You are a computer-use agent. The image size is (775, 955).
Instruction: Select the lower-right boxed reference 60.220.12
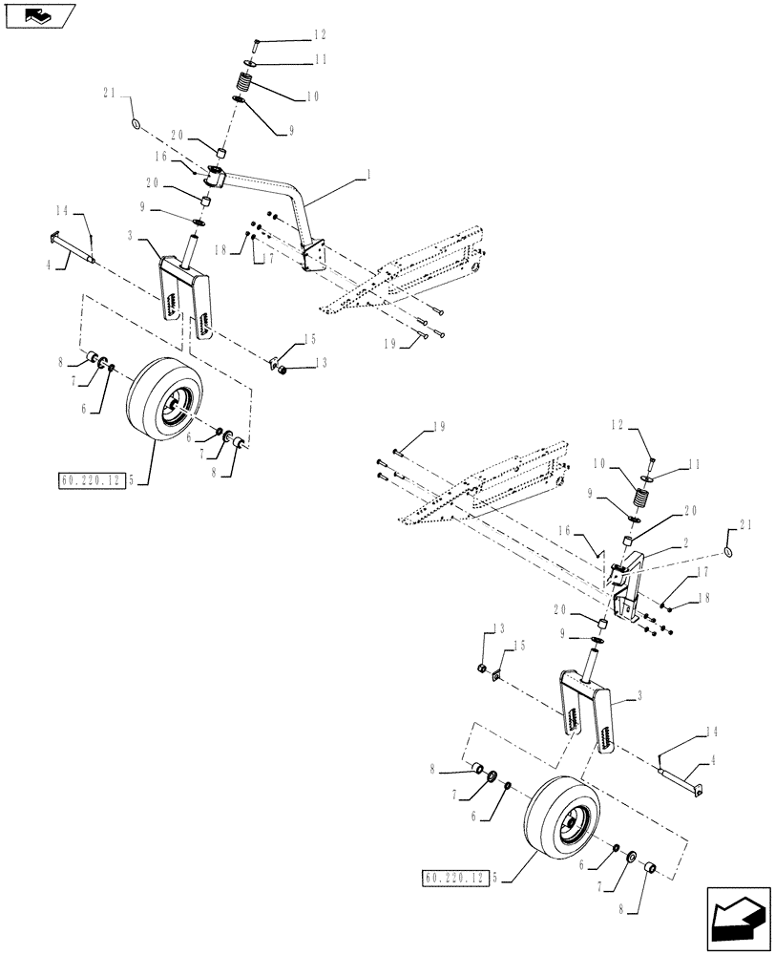tap(453, 875)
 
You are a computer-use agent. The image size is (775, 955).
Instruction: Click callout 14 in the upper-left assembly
tap(62, 212)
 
